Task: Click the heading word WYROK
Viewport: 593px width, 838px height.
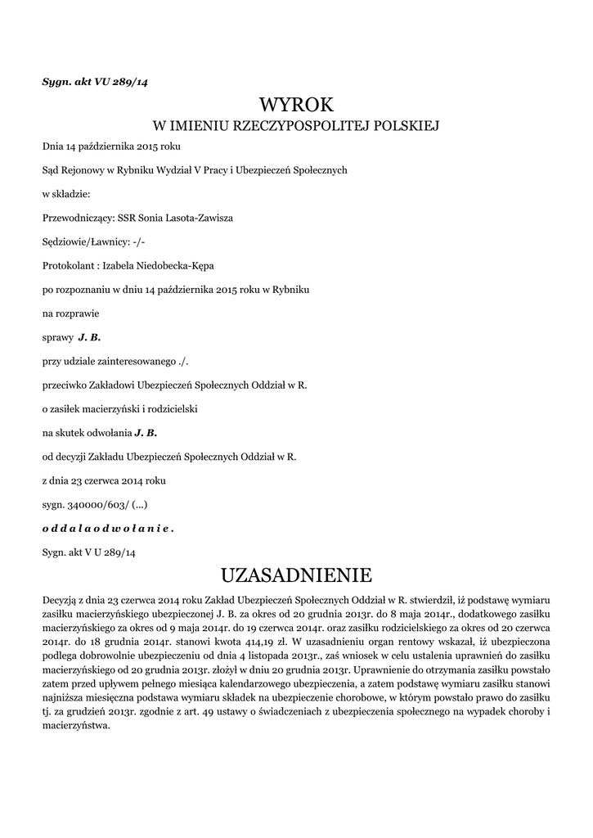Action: coord(297,105)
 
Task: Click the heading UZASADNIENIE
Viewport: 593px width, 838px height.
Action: coord(296,572)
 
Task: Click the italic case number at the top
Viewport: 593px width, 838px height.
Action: coord(95,81)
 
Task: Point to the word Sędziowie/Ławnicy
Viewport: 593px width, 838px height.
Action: coord(80,241)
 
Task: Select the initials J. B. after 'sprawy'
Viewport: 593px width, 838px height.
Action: coord(89,336)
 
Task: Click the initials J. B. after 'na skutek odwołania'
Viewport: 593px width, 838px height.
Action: coord(145,432)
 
